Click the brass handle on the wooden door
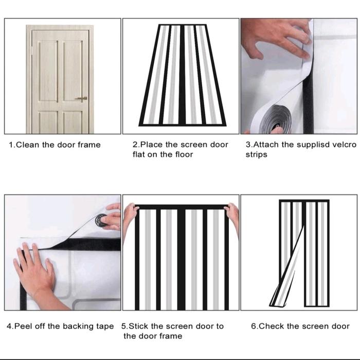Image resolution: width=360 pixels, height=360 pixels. pos(81,99)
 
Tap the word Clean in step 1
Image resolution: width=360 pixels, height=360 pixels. pos(28,145)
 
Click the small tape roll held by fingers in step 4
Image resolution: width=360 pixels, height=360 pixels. pos(101,220)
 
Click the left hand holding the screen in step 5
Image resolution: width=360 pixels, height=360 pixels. pos(130,218)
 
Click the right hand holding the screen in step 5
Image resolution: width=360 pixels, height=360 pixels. pos(232,216)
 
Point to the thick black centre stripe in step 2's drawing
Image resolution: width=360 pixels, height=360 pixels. pos(182,75)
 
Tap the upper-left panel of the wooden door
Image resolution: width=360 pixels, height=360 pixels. pos(48,71)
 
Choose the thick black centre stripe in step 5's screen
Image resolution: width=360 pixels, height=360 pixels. pos(182,259)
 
